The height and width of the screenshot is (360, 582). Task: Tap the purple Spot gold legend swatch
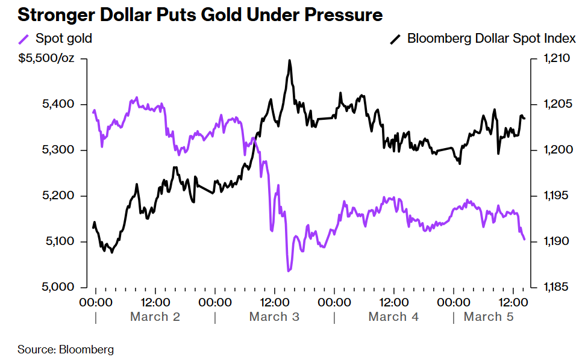coord(23,39)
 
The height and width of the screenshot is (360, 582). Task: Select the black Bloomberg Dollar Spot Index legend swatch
coord(395,39)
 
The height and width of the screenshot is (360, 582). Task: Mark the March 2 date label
coord(155,317)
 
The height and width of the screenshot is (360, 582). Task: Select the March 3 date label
coord(274,317)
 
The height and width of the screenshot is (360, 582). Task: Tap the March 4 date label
coord(393,317)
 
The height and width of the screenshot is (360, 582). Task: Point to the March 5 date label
coord(489,317)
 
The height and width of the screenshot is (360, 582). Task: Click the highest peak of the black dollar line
coord(290,60)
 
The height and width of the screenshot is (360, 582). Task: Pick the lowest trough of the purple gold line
coord(289,271)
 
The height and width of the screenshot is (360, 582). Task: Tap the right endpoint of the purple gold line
coord(524,240)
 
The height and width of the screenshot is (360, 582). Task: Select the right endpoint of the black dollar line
coord(524,118)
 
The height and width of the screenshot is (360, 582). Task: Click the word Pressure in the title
coord(344,15)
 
